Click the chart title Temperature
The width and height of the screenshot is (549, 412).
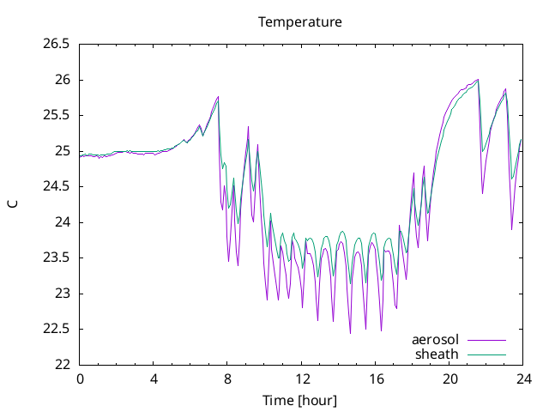click(300, 22)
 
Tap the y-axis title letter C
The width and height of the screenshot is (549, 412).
click(13, 204)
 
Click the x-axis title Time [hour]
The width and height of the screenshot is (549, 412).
click(299, 401)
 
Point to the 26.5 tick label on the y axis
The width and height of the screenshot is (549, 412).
click(56, 44)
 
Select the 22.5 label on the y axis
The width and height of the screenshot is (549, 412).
click(56, 330)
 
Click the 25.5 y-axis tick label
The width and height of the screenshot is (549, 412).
click(56, 115)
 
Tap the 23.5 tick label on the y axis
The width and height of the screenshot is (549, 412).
click(56, 257)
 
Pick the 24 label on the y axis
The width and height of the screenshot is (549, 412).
click(63, 222)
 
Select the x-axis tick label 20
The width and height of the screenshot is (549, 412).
click(449, 379)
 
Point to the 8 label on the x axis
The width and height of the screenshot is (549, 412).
click(227, 379)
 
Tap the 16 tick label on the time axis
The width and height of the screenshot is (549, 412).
click(376, 379)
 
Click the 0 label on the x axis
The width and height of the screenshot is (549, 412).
click(80, 379)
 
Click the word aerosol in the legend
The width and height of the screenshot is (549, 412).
click(435, 340)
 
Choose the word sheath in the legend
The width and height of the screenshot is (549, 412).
click(437, 354)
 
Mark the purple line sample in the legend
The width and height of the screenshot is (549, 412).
click(486, 340)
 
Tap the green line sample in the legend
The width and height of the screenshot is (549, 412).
click(486, 354)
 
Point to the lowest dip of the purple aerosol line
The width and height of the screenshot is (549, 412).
click(350, 333)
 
